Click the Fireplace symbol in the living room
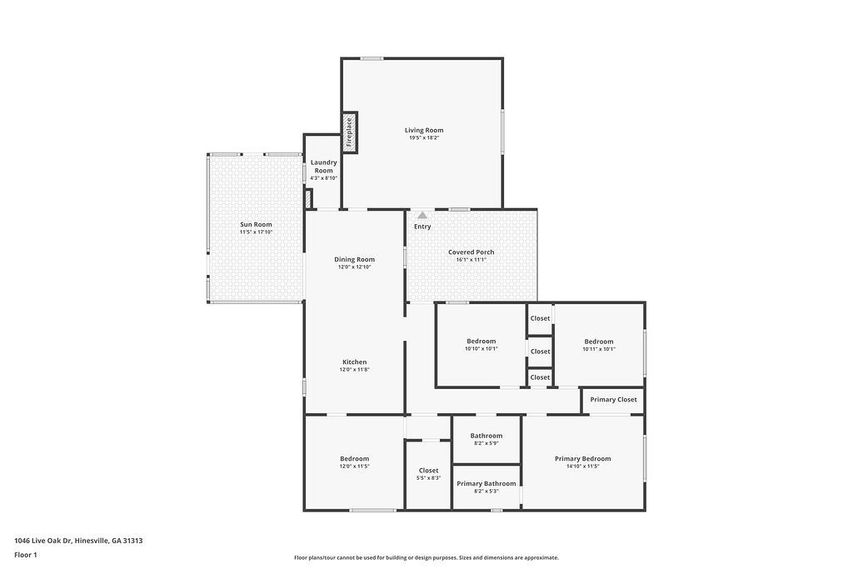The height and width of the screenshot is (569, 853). [350, 132]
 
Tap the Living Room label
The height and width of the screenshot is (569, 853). [424, 130]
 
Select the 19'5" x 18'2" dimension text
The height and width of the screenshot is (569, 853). [424, 138]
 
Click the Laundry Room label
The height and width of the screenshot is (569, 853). [324, 167]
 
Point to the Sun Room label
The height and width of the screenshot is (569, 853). [257, 224]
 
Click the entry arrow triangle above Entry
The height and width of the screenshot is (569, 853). [422, 216]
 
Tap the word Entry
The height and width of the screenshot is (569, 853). [422, 227]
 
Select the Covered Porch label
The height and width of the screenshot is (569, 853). [471, 252]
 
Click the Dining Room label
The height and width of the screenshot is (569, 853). [355, 259]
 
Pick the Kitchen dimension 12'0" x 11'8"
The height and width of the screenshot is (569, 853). [355, 370]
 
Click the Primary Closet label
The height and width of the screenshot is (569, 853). [614, 399]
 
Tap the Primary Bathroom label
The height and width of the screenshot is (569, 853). [486, 483]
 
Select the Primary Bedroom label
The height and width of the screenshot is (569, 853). [582, 458]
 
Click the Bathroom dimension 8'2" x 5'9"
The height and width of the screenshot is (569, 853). [486, 443]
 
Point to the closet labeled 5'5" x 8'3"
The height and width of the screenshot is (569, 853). [429, 474]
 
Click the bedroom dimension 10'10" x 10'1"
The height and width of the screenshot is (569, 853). [481, 349]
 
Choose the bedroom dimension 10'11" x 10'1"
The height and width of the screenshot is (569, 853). [599, 349]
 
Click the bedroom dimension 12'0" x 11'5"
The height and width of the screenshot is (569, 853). [355, 467]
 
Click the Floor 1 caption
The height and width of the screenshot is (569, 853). [26, 555]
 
